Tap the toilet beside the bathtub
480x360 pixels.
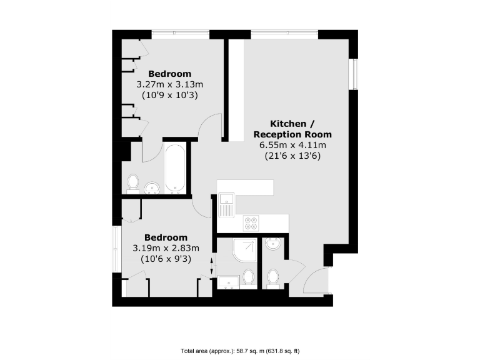[x=132, y=182]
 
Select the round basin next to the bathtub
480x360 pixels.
[x=152, y=187]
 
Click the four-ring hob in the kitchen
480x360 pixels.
[x=251, y=222]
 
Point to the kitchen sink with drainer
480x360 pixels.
[x=226, y=204]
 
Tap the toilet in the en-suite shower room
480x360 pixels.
[x=249, y=276]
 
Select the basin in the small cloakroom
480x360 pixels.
[x=272, y=244]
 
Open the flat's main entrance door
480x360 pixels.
[x=316, y=281]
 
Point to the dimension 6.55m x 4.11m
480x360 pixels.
[x=292, y=145]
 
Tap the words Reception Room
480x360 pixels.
[x=292, y=134]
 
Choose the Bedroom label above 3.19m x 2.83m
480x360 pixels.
[x=166, y=237]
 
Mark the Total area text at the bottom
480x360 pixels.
[x=240, y=351]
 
